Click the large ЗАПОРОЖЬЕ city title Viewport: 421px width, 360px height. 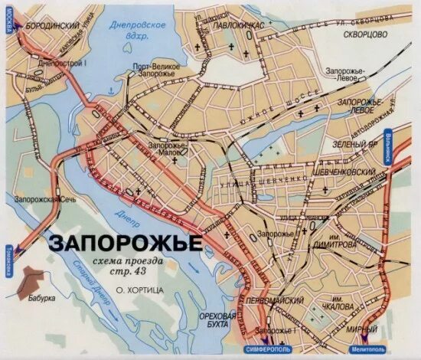tap(126, 243)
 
